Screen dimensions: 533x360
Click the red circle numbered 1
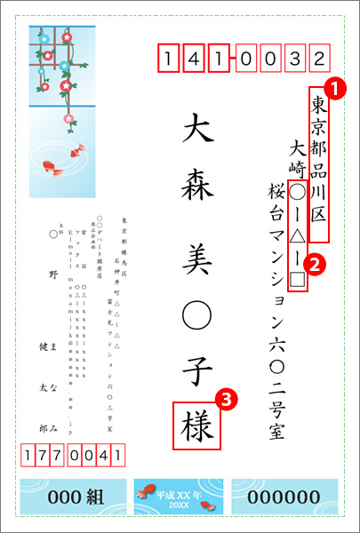333,89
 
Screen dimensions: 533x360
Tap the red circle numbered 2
312,263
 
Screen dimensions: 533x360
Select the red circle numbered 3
228,401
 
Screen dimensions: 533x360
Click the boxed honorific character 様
198,425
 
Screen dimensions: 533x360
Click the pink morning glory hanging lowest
68,115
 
